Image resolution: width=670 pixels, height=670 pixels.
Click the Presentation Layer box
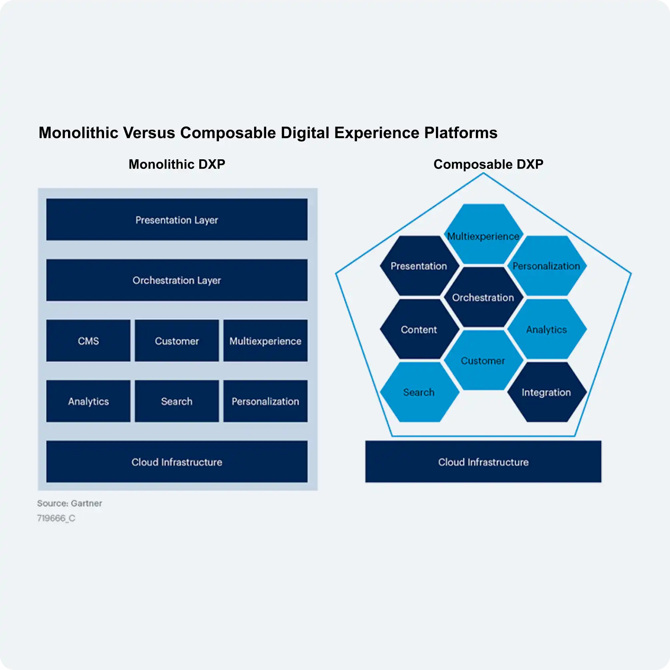click(x=177, y=220)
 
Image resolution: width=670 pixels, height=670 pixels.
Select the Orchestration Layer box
click(x=177, y=280)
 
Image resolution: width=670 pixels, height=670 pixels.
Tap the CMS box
click(x=88, y=341)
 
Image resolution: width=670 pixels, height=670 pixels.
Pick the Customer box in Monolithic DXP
click(x=177, y=341)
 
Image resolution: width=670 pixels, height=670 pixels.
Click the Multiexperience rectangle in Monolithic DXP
click(x=265, y=341)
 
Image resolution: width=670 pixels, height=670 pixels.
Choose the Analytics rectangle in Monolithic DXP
click(x=88, y=401)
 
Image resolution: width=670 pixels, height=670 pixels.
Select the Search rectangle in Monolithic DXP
click(x=177, y=401)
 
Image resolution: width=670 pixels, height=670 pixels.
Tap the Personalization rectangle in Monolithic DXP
click(x=265, y=401)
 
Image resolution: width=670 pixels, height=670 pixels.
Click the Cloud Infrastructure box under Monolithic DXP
click(x=177, y=462)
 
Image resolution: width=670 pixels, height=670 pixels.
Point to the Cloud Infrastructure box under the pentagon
click(x=483, y=462)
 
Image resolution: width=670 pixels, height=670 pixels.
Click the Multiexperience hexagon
click(x=483, y=234)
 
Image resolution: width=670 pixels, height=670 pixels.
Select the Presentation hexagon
click(x=419, y=266)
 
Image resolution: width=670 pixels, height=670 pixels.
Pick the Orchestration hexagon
click(x=483, y=297)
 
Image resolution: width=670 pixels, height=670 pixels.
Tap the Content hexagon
click(x=419, y=329)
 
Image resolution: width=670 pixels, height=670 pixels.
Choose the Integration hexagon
click(x=547, y=392)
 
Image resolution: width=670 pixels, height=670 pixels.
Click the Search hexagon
click(x=419, y=392)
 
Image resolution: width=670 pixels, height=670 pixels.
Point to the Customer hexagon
click(x=483, y=360)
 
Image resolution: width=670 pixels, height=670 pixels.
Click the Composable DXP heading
click(x=488, y=164)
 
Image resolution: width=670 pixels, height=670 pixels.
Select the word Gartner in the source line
click(x=86, y=503)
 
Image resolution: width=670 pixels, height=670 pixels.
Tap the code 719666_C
click(x=56, y=518)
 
